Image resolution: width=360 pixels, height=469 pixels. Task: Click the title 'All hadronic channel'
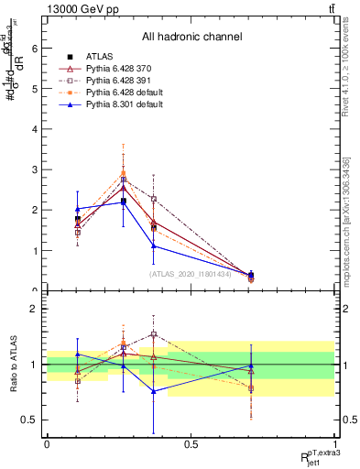[191, 37]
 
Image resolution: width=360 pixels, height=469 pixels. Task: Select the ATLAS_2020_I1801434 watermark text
[191, 273]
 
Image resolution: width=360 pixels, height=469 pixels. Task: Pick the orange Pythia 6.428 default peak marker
[124, 173]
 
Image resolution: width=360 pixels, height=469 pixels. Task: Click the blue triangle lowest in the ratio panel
[154, 391]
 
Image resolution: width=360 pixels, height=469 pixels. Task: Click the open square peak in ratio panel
[154, 334]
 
